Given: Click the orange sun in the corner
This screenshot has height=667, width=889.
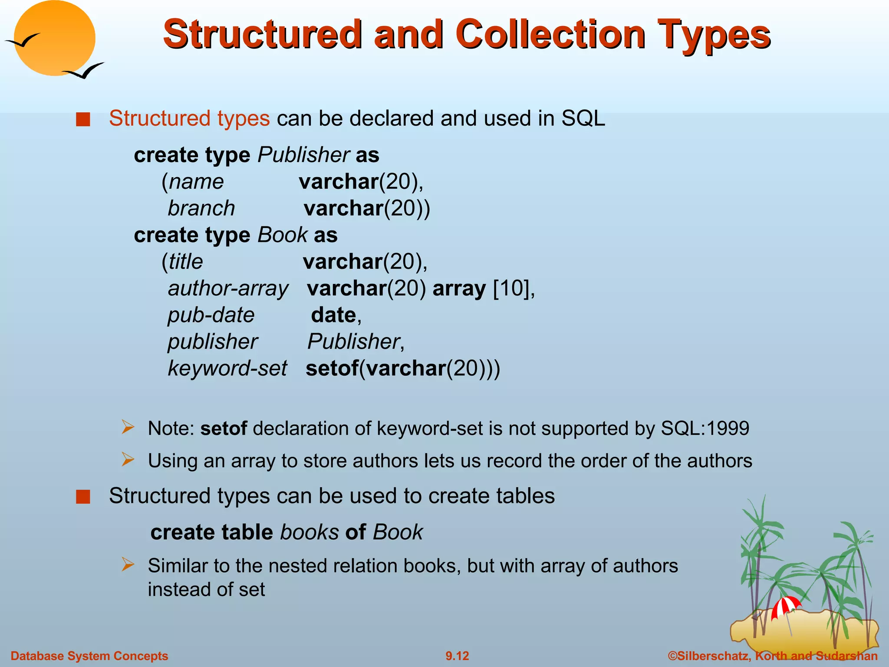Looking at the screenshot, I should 54,38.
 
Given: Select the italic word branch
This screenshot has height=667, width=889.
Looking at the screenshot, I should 201,208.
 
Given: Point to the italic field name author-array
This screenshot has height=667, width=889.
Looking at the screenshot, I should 228,289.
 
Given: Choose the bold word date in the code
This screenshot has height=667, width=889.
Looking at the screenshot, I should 333,315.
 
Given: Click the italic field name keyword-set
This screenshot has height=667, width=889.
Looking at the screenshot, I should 227,369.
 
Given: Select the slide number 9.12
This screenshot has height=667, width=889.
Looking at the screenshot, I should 457,656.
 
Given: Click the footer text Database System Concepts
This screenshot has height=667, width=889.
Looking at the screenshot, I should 89,656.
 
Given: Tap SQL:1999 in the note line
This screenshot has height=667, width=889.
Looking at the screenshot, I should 705,429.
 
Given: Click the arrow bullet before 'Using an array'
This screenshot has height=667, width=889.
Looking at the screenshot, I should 128,459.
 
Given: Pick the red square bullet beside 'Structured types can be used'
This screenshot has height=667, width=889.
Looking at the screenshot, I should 83,496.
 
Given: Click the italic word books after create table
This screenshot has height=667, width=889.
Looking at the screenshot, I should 310,532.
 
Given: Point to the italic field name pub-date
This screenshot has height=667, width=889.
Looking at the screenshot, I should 211,315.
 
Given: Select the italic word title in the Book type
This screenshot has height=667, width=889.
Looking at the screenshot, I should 186,262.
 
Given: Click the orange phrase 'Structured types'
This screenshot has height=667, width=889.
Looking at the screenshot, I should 189,119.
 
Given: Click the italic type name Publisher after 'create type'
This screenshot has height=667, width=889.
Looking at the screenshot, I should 304,155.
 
